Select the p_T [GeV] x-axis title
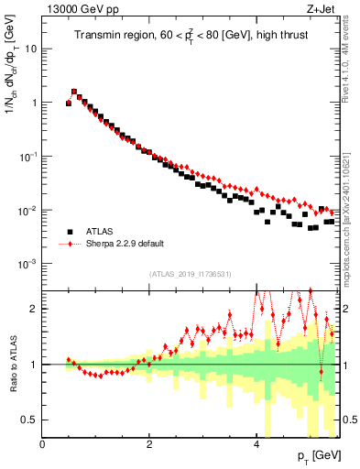[319, 455]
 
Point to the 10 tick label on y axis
[30, 49]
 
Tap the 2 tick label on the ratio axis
[33, 309]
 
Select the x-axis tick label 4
[256, 444]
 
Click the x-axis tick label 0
[42, 444]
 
